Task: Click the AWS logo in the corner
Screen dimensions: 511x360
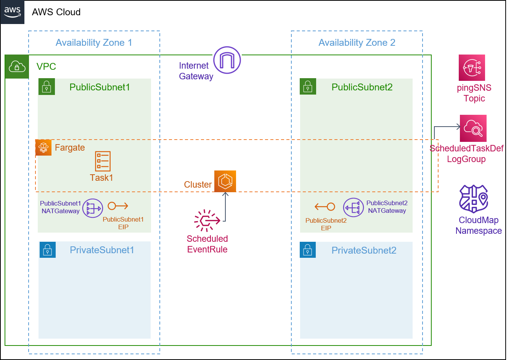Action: click(x=12, y=12)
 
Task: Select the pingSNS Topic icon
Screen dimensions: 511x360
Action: click(x=472, y=67)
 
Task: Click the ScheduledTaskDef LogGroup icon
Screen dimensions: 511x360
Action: click(x=473, y=128)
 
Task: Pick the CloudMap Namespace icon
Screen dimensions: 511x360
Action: click(x=474, y=199)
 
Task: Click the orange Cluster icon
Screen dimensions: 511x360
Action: click(x=225, y=181)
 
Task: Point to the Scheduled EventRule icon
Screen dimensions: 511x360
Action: click(x=207, y=220)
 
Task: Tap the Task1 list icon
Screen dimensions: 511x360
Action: click(x=103, y=161)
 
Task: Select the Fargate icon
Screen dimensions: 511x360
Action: click(x=43, y=148)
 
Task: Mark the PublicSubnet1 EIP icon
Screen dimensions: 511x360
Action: click(x=118, y=206)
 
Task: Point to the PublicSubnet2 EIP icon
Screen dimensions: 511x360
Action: click(x=325, y=207)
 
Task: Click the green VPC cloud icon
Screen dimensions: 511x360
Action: click(x=17, y=67)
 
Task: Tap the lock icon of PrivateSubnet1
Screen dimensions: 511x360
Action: click(x=48, y=250)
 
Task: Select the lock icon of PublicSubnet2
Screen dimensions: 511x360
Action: click(x=308, y=87)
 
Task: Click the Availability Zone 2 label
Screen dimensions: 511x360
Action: click(x=357, y=43)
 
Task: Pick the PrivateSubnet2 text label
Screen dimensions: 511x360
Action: click(x=364, y=250)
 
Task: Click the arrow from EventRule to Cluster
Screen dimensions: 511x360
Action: click(x=225, y=207)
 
